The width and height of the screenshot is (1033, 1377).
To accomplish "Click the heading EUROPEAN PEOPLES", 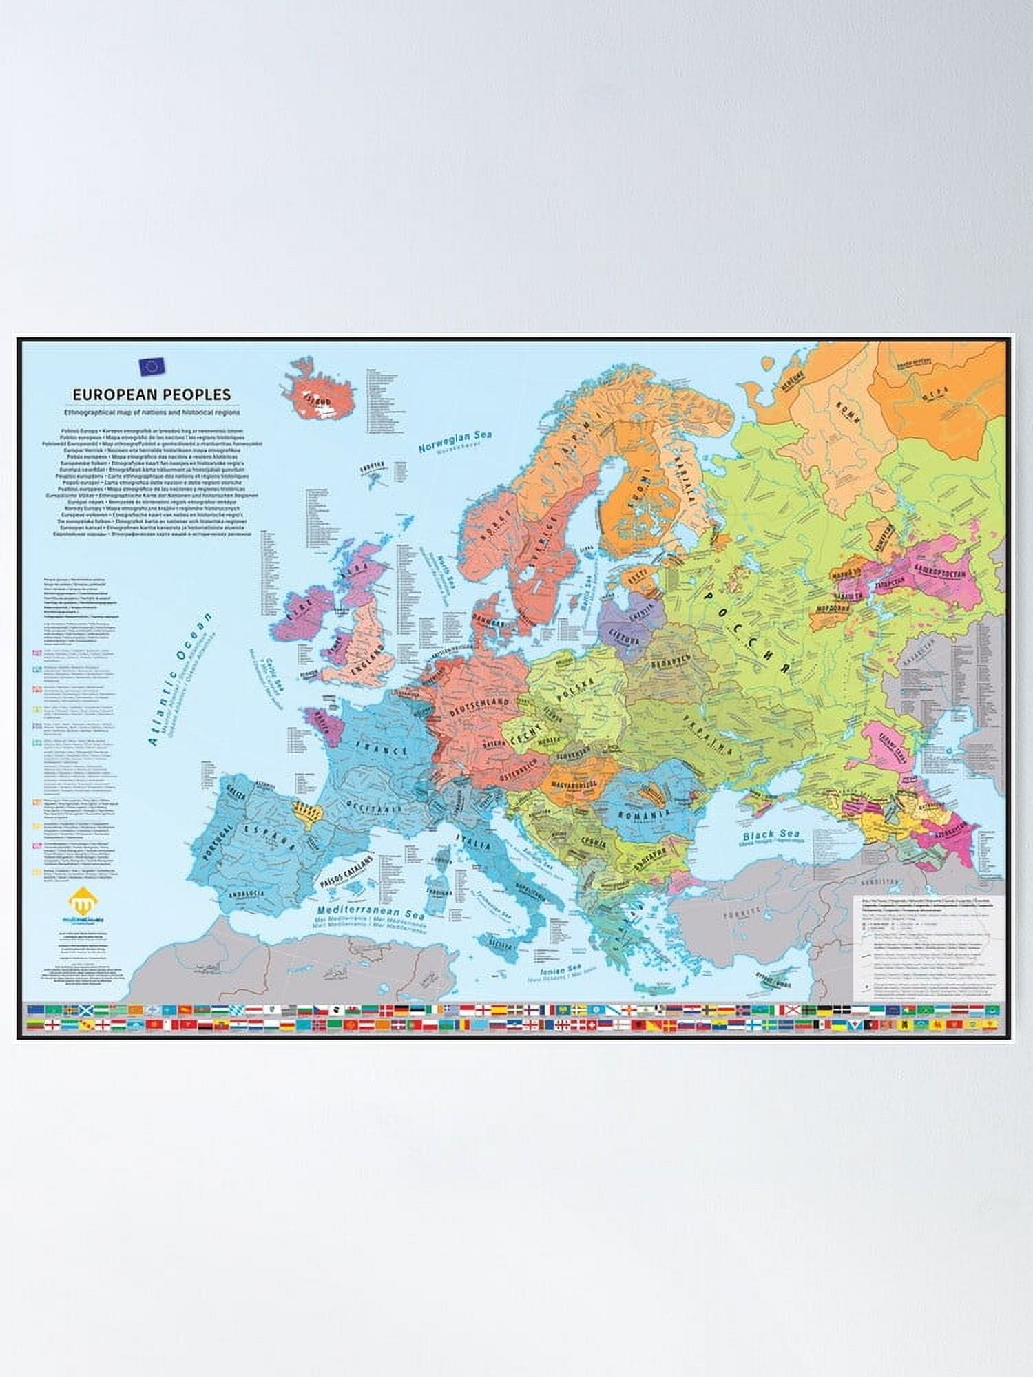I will [152, 395].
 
